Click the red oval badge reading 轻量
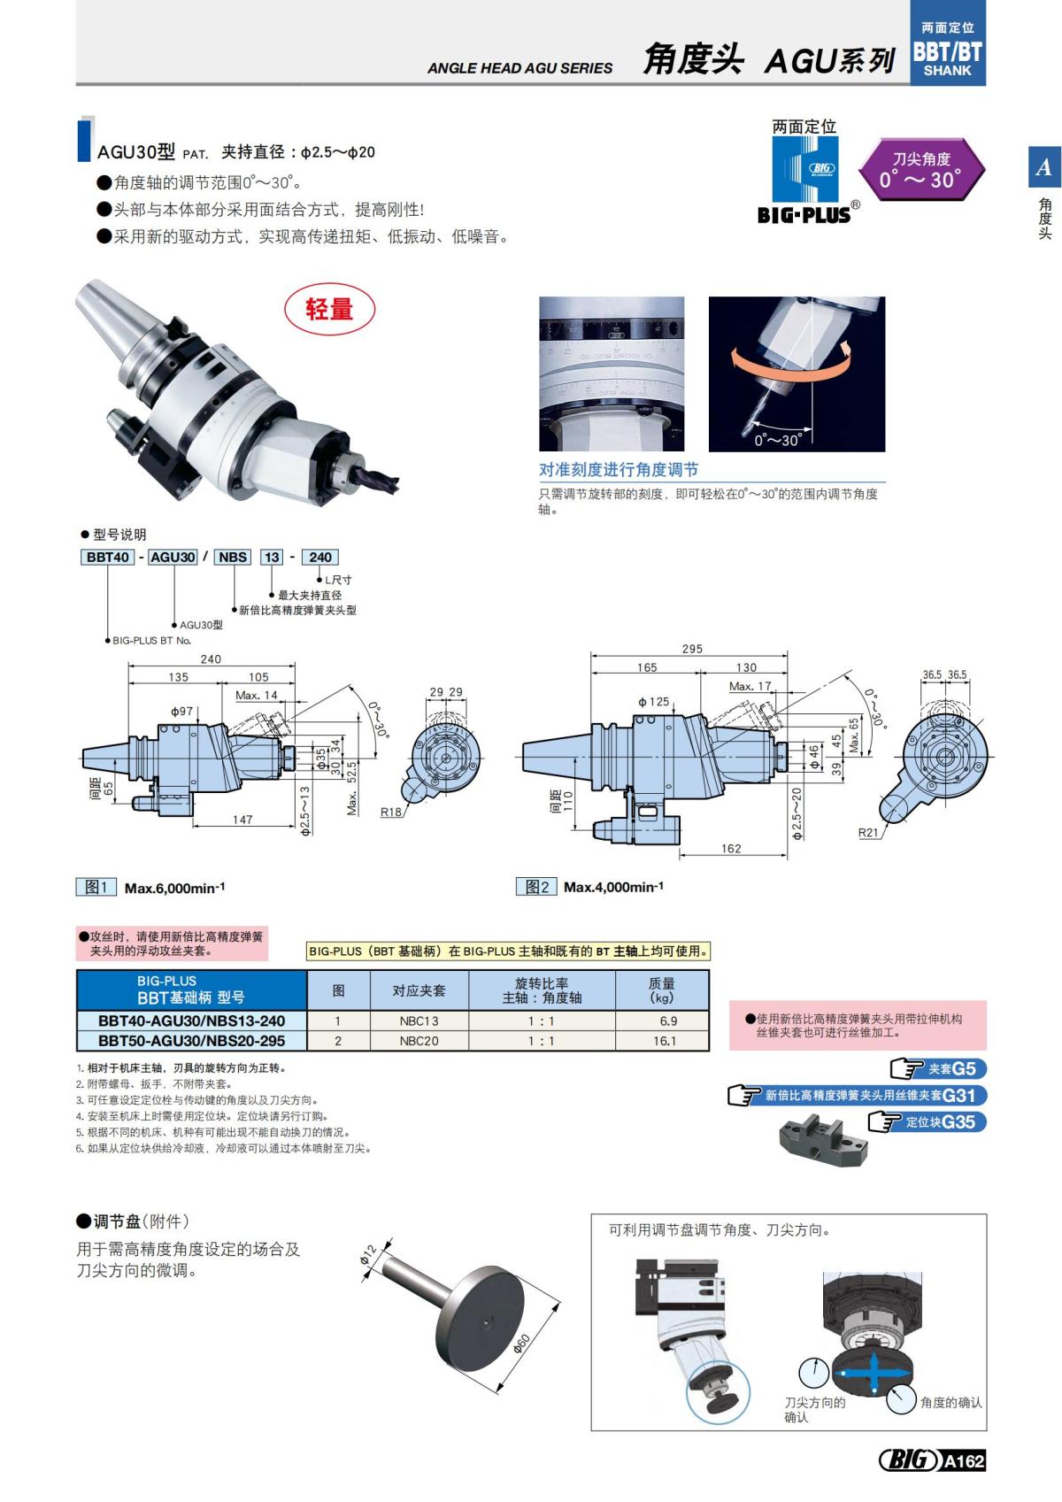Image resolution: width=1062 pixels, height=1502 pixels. (329, 310)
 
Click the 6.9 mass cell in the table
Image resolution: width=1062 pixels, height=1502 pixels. (667, 1021)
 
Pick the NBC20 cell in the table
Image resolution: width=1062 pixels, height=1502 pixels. (419, 1041)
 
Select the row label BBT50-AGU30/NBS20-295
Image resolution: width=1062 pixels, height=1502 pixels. (191, 1041)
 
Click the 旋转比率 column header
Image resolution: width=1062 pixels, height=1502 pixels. (541, 990)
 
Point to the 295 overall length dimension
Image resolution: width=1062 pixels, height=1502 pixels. (692, 649)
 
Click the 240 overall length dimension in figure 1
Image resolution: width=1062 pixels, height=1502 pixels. (211, 659)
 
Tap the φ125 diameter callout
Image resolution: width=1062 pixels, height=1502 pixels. (654, 702)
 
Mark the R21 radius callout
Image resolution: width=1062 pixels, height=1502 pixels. (868, 833)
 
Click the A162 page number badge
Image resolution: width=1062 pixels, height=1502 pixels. (963, 1461)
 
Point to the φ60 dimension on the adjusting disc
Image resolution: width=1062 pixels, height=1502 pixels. (523, 1344)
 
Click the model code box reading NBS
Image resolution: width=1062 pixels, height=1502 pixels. (233, 557)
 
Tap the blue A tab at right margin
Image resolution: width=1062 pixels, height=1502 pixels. (1044, 167)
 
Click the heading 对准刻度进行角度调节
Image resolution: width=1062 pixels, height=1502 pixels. (619, 470)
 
